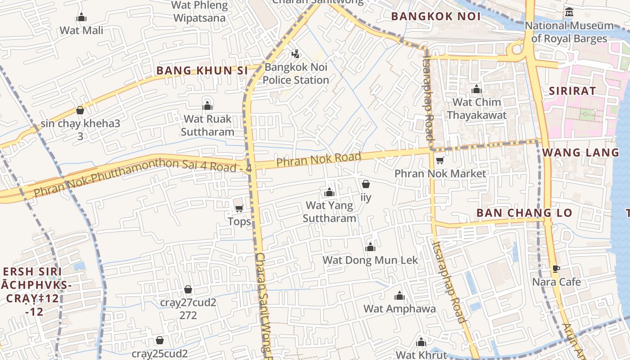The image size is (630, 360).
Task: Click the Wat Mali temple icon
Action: (81, 18)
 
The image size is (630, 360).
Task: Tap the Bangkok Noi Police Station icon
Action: (296, 54)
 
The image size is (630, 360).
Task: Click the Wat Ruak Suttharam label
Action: (207, 126)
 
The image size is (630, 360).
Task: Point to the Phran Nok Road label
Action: (319, 159)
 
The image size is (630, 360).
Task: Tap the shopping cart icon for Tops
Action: (239, 208)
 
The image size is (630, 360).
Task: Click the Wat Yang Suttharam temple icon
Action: (329, 193)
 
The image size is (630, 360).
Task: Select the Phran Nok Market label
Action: (440, 174)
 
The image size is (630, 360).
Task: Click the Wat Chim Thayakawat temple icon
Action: (476, 90)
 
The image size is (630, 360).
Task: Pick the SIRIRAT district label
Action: (572, 91)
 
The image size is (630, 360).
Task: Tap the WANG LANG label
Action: (580, 153)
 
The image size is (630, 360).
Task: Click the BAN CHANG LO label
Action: (524, 213)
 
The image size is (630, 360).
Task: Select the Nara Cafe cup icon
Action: (556, 269)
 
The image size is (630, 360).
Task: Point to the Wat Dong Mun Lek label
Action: (370, 260)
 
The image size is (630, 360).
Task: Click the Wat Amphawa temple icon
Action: (399, 296)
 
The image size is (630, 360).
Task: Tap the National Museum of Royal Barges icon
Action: (569, 12)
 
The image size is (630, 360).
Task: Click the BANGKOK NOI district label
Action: (436, 17)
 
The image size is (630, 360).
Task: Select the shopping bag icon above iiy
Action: (366, 184)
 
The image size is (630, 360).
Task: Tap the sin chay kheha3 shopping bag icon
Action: (80, 110)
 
